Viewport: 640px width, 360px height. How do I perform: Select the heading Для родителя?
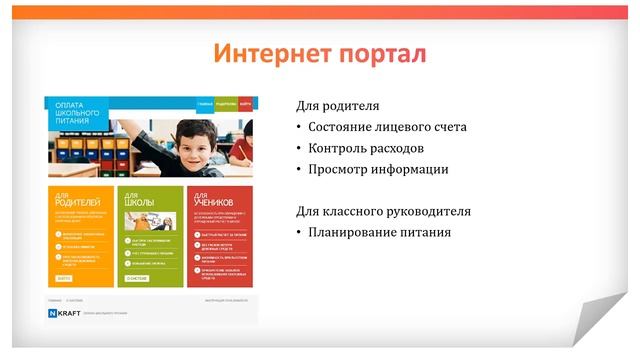click(338, 106)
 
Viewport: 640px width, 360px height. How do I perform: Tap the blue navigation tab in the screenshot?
click(204, 103)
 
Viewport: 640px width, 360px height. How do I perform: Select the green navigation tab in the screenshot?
click(226, 103)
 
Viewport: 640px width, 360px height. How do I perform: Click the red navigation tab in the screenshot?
click(246, 103)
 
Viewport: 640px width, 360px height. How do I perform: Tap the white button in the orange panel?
click(64, 278)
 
